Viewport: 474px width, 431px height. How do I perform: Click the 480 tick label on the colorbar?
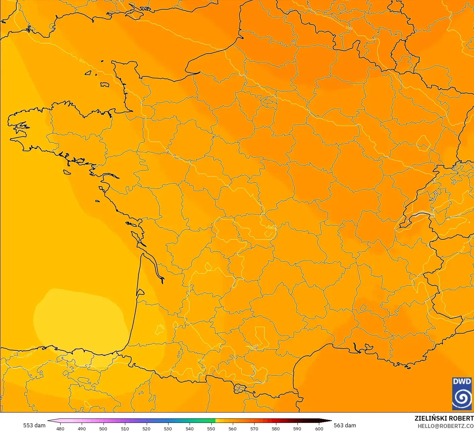click(x=60, y=428)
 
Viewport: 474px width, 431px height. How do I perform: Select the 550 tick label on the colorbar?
click(x=211, y=428)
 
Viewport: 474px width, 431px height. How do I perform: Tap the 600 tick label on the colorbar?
click(x=319, y=428)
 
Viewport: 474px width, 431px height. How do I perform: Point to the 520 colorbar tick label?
click(x=146, y=428)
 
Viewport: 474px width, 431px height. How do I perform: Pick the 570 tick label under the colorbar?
click(x=254, y=428)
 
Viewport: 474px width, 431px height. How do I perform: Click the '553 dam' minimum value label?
click(x=34, y=425)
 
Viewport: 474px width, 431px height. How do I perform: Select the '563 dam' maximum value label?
click(x=345, y=425)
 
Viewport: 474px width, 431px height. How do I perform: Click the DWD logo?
click(x=462, y=393)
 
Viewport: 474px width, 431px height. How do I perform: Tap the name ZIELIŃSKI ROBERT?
click(x=444, y=418)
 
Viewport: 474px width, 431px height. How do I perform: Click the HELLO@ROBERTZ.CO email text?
click(x=446, y=426)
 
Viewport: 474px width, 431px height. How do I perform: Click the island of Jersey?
click(x=105, y=85)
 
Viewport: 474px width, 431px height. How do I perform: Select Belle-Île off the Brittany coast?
click(x=67, y=172)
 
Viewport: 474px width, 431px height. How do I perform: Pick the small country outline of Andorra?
click(x=240, y=389)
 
